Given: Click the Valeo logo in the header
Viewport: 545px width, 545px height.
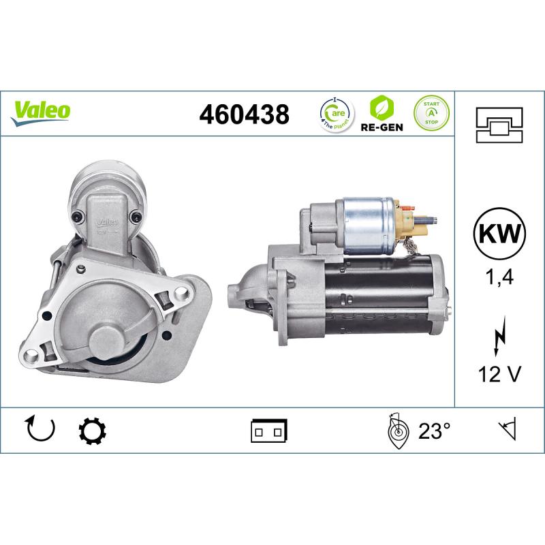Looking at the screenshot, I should pos(41,111).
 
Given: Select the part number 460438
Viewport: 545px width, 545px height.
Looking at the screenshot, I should pos(244,114).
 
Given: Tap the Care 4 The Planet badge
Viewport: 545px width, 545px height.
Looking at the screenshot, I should pos(336,113).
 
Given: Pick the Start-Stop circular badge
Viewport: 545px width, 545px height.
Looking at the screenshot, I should pos(431,112).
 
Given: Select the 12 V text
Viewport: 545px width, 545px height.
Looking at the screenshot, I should pos(499,373).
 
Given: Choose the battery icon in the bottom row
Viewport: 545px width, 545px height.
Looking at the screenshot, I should pos(269,431).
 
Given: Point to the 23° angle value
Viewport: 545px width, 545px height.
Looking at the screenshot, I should pos(434,431).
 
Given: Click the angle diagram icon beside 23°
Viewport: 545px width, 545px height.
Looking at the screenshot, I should pos(396,429).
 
